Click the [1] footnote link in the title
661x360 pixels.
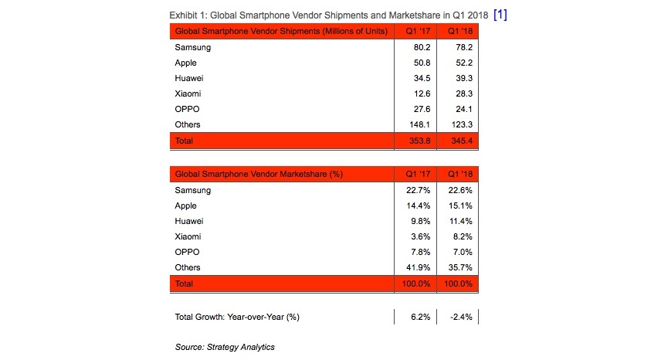click(x=500, y=15)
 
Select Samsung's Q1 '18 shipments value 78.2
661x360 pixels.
click(x=464, y=47)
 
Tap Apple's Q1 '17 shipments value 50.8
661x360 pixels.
click(x=422, y=63)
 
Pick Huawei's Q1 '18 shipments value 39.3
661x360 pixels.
click(x=464, y=78)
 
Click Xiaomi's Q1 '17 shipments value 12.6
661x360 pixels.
click(x=422, y=93)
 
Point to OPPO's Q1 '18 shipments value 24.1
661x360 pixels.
click(x=464, y=109)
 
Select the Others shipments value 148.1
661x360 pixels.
click(x=420, y=124)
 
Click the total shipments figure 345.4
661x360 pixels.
click(x=462, y=141)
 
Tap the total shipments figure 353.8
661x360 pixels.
click(x=420, y=141)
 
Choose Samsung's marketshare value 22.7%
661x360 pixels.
click(x=419, y=190)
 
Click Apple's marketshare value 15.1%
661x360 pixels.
click(x=460, y=205)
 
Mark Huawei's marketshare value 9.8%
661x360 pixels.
click(x=420, y=221)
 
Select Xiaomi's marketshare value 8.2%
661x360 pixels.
click(x=463, y=236)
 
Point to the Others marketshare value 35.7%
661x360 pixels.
click(x=460, y=267)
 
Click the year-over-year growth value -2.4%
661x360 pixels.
click(x=461, y=317)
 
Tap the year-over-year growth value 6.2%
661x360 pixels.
click(x=420, y=317)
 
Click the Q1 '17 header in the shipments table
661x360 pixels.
click(x=419, y=31)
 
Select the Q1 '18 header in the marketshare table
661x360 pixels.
click(x=460, y=174)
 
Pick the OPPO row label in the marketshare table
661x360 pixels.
click(x=187, y=252)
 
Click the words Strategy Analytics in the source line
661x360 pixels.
click(x=240, y=347)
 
